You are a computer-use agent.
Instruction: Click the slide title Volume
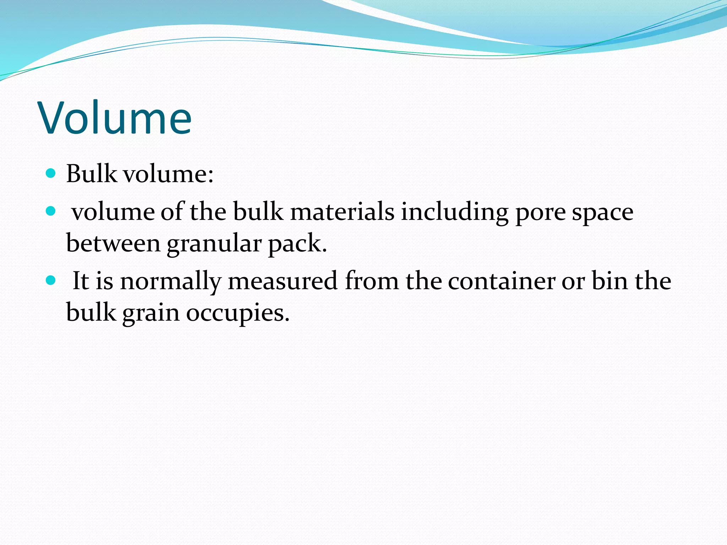[x=116, y=118]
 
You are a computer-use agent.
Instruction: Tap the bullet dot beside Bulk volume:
[x=51, y=174]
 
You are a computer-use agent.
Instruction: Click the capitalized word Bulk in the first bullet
[x=91, y=174]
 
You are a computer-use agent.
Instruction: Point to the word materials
[x=342, y=212]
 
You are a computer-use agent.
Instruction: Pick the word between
[x=113, y=244]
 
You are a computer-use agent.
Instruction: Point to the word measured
[x=283, y=281]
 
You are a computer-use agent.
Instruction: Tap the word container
[x=501, y=281]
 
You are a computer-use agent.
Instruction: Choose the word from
[x=372, y=281]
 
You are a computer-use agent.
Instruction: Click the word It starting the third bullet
[x=81, y=281]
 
